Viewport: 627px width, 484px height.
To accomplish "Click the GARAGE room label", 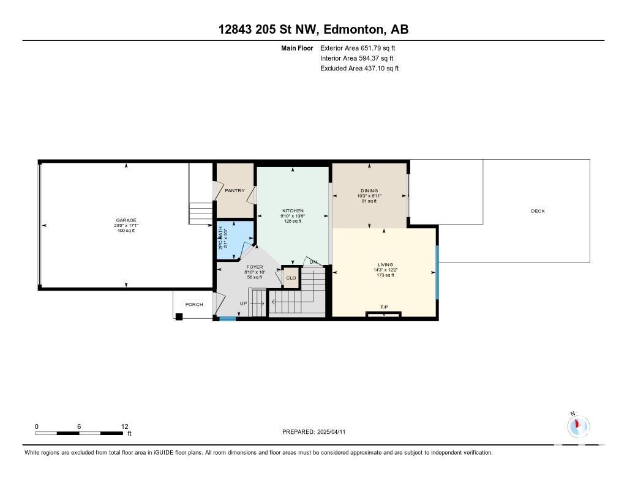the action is click(126, 220).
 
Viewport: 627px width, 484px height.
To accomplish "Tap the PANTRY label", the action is click(235, 191).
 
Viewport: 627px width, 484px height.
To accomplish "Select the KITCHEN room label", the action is click(293, 210).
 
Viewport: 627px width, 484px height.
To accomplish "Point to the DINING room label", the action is click(369, 191).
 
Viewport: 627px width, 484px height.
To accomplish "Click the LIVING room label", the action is click(386, 264).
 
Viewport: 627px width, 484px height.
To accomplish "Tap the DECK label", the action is click(538, 211).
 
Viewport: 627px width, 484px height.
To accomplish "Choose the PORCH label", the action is click(194, 305).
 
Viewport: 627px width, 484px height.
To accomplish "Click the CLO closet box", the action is click(291, 277).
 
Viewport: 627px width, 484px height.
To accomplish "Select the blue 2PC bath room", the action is click(235, 240).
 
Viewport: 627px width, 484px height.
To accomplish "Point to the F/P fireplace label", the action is click(384, 307).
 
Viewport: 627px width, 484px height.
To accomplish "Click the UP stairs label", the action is click(243, 303).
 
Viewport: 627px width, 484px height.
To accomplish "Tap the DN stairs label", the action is click(313, 262).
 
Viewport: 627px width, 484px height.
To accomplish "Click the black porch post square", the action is click(179, 317).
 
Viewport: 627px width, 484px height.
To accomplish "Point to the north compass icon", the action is click(578, 426).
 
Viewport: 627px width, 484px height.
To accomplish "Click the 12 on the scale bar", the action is click(124, 426).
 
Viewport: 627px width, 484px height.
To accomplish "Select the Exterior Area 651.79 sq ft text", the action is click(358, 48).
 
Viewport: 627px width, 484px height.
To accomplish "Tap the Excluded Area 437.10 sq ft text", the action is click(359, 69).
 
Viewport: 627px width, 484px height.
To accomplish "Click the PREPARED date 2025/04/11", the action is click(331, 432).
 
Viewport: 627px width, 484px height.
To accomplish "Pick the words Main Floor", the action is click(297, 48).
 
